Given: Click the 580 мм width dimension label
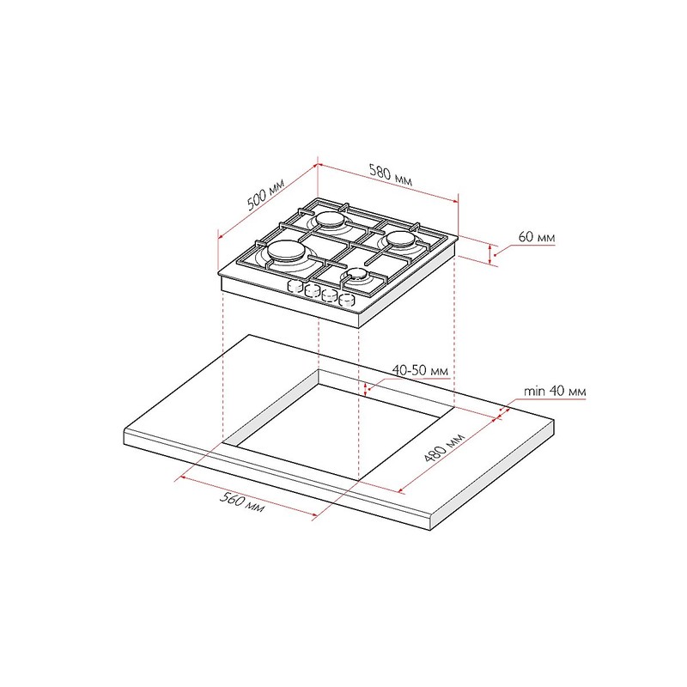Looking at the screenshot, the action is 391,174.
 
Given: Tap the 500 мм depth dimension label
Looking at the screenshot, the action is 266,194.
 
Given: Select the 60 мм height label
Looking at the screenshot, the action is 536,237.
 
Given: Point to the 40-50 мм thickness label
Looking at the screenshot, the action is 420,370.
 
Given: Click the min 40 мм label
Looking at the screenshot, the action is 555,391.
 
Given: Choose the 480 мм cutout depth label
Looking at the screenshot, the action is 444,447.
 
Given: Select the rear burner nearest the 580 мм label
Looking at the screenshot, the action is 331,220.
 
